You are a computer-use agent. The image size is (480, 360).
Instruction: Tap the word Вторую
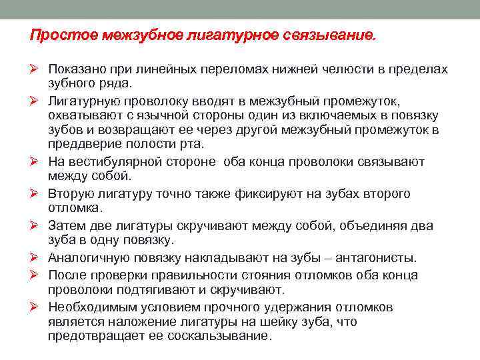pyautogui.click(x=71, y=193)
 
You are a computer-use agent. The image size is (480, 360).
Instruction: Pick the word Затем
pyautogui.click(x=67, y=225)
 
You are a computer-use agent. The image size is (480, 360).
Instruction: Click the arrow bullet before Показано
pyautogui.click(x=36, y=70)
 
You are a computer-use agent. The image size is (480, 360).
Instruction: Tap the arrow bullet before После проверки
pyautogui.click(x=36, y=275)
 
